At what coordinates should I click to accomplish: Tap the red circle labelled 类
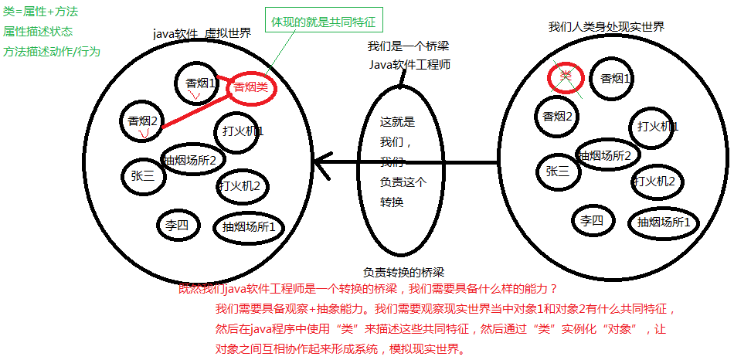point(565,76)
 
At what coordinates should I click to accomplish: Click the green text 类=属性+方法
point(40,12)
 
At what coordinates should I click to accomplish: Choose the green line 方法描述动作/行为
point(52,51)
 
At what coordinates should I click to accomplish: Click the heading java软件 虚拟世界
point(202,35)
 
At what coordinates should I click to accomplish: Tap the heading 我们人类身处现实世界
point(607,27)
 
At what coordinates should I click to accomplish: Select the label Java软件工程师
point(409,64)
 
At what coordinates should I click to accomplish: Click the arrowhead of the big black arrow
point(318,163)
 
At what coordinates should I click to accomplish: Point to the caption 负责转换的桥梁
point(404,272)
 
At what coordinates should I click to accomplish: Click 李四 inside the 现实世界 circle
point(592,221)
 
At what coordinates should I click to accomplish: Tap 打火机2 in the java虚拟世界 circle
point(242,185)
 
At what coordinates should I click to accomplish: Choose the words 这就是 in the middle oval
point(398,122)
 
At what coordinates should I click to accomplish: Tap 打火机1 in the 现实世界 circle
point(658,126)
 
